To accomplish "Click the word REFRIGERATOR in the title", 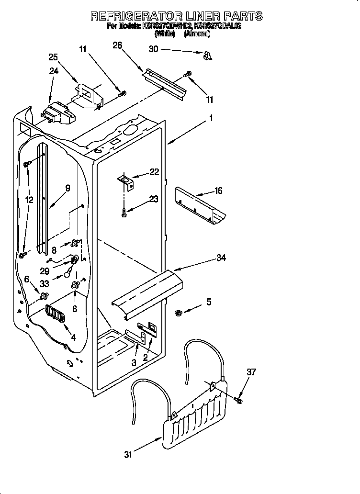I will pyautogui.click(x=135, y=16).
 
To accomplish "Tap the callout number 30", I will pyautogui.click(x=154, y=49).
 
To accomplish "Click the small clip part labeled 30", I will pyautogui.click(x=207, y=57).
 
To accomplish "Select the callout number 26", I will pyautogui.click(x=117, y=45).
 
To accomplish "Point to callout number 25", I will pyautogui.click(x=54, y=57).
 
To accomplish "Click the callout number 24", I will pyautogui.click(x=54, y=71).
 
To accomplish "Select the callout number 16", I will pyautogui.click(x=218, y=191).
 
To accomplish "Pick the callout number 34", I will pyautogui.click(x=221, y=258).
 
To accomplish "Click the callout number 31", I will pyautogui.click(x=128, y=455).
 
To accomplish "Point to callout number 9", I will pyautogui.click(x=67, y=188).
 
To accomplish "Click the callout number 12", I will pyautogui.click(x=30, y=200).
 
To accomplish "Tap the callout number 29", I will pyautogui.click(x=45, y=270).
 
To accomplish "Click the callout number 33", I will pyautogui.click(x=45, y=283).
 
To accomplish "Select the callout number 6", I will pyautogui.click(x=27, y=279).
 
